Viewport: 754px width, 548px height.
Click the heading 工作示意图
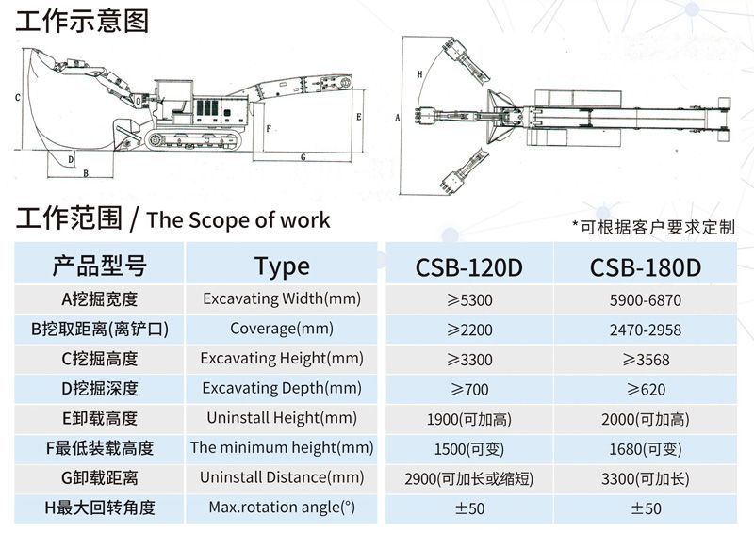point(82,20)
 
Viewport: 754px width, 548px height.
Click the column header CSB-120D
point(468,267)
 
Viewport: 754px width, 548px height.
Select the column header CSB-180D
point(646,267)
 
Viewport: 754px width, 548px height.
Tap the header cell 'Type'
point(282,266)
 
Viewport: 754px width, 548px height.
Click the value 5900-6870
point(646,300)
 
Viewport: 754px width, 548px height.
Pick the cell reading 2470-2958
point(646,330)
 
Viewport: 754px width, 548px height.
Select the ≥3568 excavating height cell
point(646,359)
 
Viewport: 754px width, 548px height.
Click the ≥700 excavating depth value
point(468,389)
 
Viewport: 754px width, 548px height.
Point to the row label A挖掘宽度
point(99,300)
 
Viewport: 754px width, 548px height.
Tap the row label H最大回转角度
point(99,508)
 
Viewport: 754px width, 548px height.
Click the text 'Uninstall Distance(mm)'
point(282,477)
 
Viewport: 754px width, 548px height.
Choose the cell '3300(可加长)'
point(646,477)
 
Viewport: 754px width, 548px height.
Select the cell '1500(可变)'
point(468,448)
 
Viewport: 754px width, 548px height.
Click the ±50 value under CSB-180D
point(646,508)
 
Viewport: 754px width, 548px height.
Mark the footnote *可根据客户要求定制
point(652,226)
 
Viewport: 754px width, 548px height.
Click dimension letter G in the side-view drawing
point(304,157)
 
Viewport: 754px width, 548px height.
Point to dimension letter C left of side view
point(18,97)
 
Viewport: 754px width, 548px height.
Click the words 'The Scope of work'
point(238,220)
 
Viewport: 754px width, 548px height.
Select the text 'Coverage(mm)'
point(282,330)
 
